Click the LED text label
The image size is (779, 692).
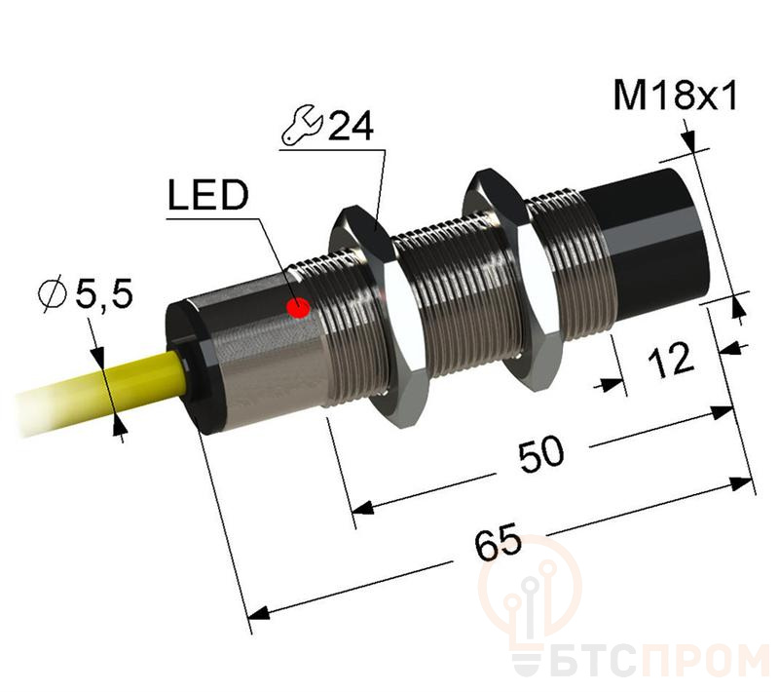[207, 198]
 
